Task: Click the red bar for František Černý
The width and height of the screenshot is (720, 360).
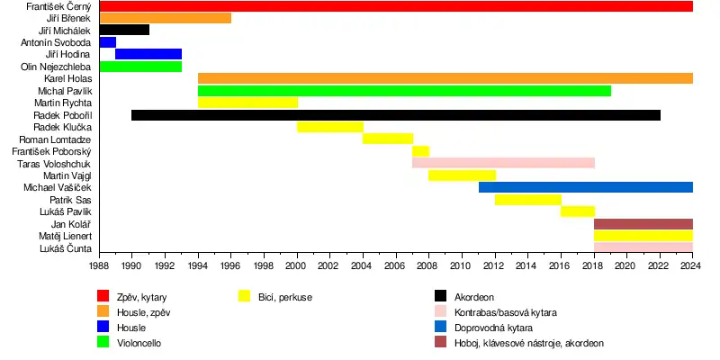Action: tap(396, 6)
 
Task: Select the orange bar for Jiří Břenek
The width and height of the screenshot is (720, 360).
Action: tap(165, 18)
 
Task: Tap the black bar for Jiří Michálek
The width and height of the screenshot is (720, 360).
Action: tap(124, 30)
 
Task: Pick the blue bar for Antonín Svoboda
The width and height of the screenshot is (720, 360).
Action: tap(107, 42)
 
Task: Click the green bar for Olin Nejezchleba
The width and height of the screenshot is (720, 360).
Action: tap(140, 67)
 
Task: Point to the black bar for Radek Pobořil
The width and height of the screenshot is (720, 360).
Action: tap(396, 115)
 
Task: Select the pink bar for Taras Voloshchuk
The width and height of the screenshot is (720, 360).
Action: tap(503, 163)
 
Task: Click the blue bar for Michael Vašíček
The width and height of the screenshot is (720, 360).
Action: tap(585, 187)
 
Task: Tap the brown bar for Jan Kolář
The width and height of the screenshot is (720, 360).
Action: tap(643, 223)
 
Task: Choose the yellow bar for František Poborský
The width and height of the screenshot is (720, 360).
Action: tap(420, 151)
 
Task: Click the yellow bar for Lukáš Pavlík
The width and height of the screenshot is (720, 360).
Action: tap(577, 211)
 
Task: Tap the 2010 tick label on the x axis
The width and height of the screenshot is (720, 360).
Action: tap(461, 267)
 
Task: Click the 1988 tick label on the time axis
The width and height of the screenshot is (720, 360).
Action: tap(99, 267)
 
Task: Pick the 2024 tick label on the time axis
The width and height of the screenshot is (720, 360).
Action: tap(691, 267)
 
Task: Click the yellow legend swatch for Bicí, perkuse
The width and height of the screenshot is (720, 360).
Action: tap(244, 296)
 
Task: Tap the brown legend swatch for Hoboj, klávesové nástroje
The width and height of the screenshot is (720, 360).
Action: tap(440, 343)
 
